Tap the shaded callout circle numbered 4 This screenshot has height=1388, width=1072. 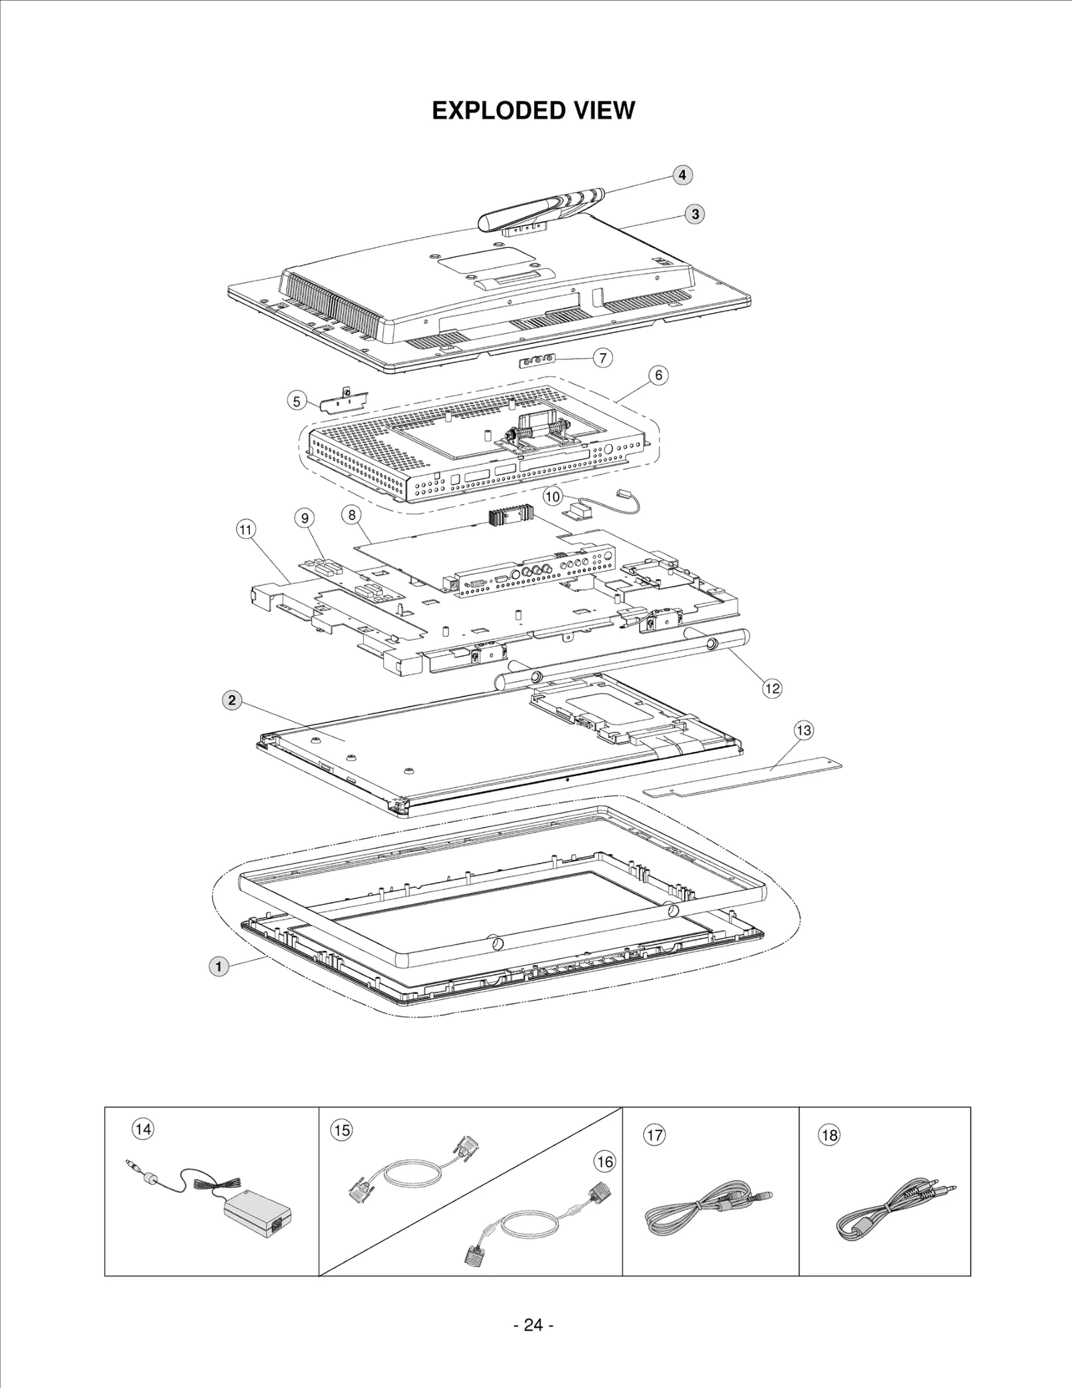(681, 175)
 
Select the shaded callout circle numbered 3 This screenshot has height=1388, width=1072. (695, 214)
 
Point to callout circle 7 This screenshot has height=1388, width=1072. (602, 358)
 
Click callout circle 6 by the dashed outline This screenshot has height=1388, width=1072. (658, 375)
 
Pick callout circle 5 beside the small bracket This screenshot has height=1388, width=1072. (296, 401)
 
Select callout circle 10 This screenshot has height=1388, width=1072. (552, 497)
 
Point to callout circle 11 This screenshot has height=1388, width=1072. (246, 529)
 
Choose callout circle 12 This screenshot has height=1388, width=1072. (772, 688)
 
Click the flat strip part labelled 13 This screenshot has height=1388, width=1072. (742, 775)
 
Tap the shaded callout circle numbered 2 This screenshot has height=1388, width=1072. (231, 700)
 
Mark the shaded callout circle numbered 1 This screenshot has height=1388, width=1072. (218, 966)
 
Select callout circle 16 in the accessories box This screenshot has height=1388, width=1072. (604, 1161)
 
